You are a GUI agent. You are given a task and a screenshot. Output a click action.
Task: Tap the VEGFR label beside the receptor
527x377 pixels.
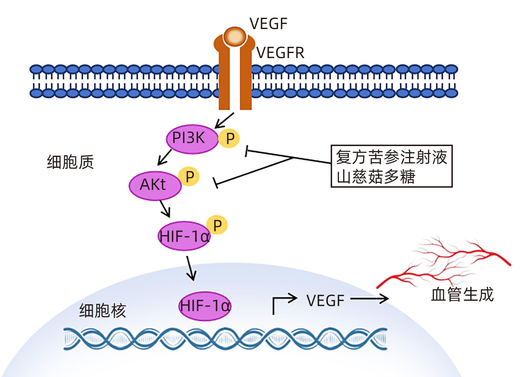coord(280,53)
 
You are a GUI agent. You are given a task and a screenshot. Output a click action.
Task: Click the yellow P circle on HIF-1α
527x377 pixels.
coord(217,225)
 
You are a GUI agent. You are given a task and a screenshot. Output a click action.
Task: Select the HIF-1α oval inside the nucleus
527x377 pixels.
coord(205,306)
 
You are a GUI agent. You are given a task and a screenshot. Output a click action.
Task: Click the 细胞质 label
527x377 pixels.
coord(70,162)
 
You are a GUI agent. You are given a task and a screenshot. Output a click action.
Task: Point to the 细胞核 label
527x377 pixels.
coord(103,310)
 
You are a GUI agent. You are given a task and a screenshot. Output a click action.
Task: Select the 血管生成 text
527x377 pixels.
coord(462,295)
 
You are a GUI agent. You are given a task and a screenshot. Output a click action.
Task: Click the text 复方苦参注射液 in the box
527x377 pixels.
coord(391,157)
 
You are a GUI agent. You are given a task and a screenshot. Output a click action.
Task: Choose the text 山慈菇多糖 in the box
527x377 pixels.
coord(376,176)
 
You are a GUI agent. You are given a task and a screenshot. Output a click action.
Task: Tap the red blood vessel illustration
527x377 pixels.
coord(446,263)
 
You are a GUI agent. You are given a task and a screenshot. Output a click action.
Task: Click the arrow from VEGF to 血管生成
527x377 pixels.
coord(369,299)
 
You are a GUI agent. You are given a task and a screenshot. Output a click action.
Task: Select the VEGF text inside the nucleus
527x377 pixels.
coord(325,301)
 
